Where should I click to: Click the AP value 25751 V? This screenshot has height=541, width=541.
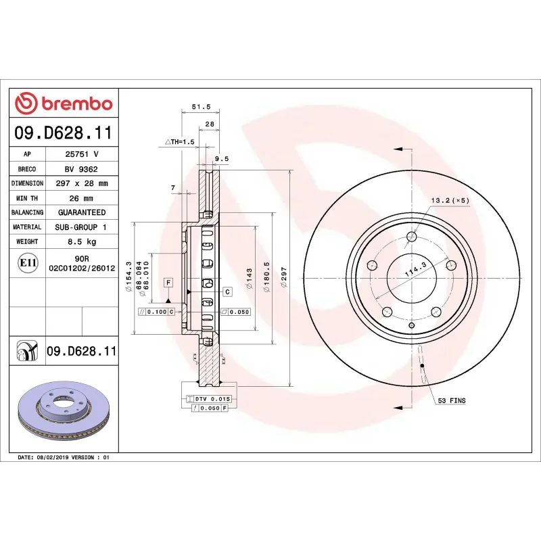tap(82, 154)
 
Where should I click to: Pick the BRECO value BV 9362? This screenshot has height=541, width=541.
tap(82, 169)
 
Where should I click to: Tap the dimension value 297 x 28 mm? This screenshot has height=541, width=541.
tap(82, 183)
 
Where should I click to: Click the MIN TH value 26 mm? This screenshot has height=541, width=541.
tap(82, 198)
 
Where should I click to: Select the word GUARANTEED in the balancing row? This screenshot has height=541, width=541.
tap(82, 212)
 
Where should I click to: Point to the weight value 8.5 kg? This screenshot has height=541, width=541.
tap(82, 241)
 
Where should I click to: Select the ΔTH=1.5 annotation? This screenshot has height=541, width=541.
tap(180, 142)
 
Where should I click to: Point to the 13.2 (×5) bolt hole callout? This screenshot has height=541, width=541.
tap(450, 201)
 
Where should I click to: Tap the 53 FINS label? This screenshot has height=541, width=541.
tap(452, 401)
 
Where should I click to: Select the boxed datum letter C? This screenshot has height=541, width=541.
tap(227, 291)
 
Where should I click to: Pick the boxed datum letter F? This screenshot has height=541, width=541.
tap(168, 281)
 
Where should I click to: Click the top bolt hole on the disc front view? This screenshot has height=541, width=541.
tap(411, 236)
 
